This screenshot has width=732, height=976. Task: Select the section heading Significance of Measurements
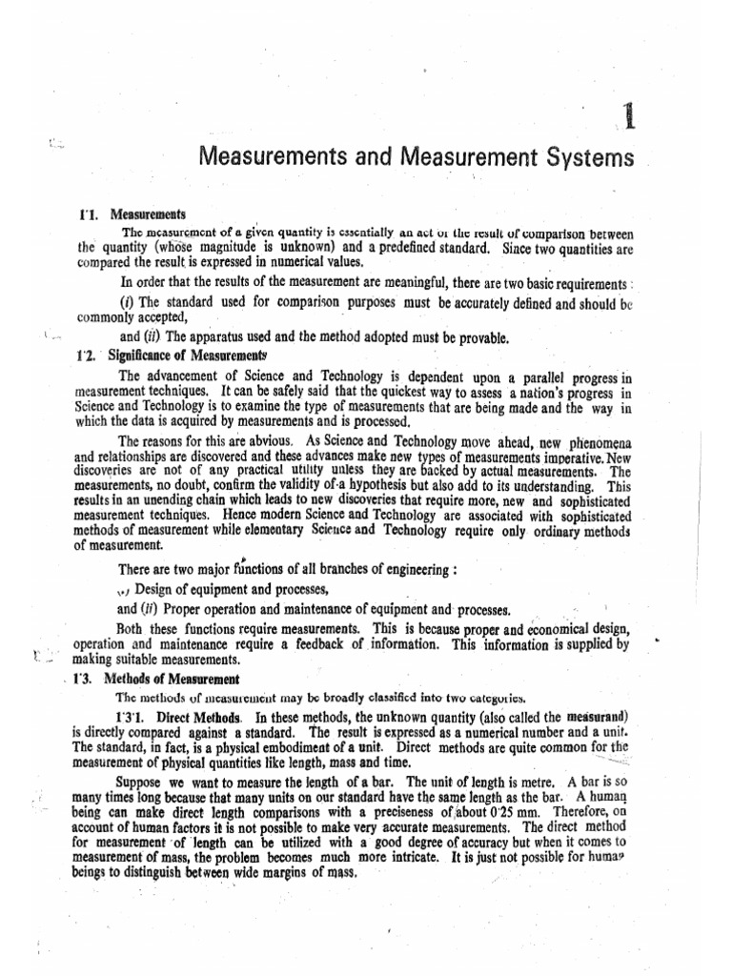coord(187,352)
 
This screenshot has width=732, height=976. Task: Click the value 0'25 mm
coord(490,810)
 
